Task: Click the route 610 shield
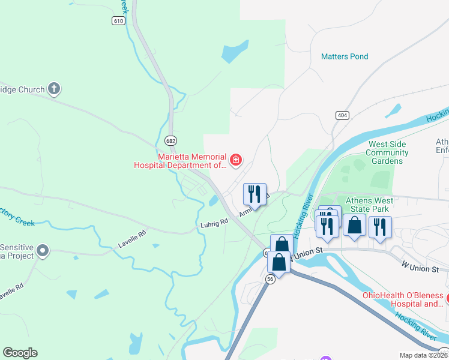click(118, 20)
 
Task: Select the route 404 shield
click(342, 115)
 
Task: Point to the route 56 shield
click(270, 279)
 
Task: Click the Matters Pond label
click(345, 56)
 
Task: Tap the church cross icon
click(54, 89)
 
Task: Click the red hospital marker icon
click(236, 159)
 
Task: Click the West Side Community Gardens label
click(387, 152)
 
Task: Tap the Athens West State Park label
click(369, 205)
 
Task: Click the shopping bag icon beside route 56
click(279, 262)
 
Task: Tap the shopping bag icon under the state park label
click(354, 225)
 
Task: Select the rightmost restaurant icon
click(380, 227)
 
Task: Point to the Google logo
click(20, 353)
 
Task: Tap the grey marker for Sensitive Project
click(42, 251)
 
